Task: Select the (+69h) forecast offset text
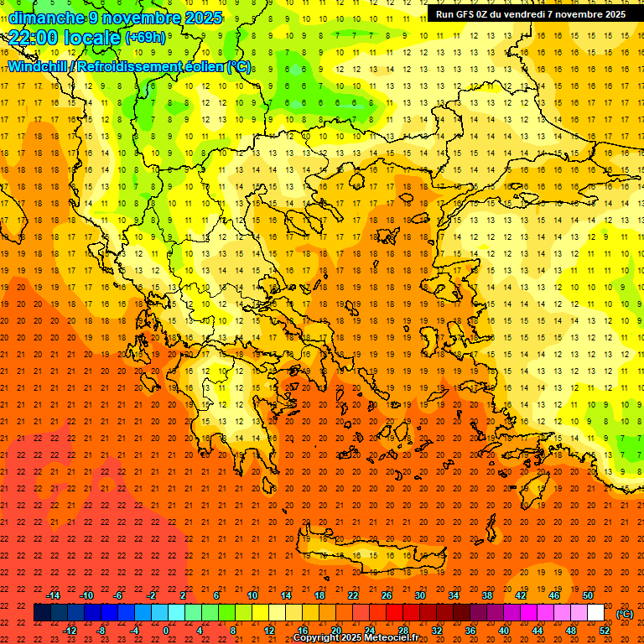[x=145, y=38]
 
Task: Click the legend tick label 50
[x=588, y=595]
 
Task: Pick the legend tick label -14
[x=53, y=595]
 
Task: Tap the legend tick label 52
[x=605, y=631]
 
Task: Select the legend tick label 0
[x=166, y=631]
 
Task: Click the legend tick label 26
[x=387, y=595]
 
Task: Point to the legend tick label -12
[x=70, y=631]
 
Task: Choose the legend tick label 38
[x=487, y=595]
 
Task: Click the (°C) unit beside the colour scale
[x=625, y=614]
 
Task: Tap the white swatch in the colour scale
[x=596, y=613]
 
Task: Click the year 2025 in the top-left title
[x=204, y=18]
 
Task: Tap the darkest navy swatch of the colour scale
[x=42, y=613]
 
